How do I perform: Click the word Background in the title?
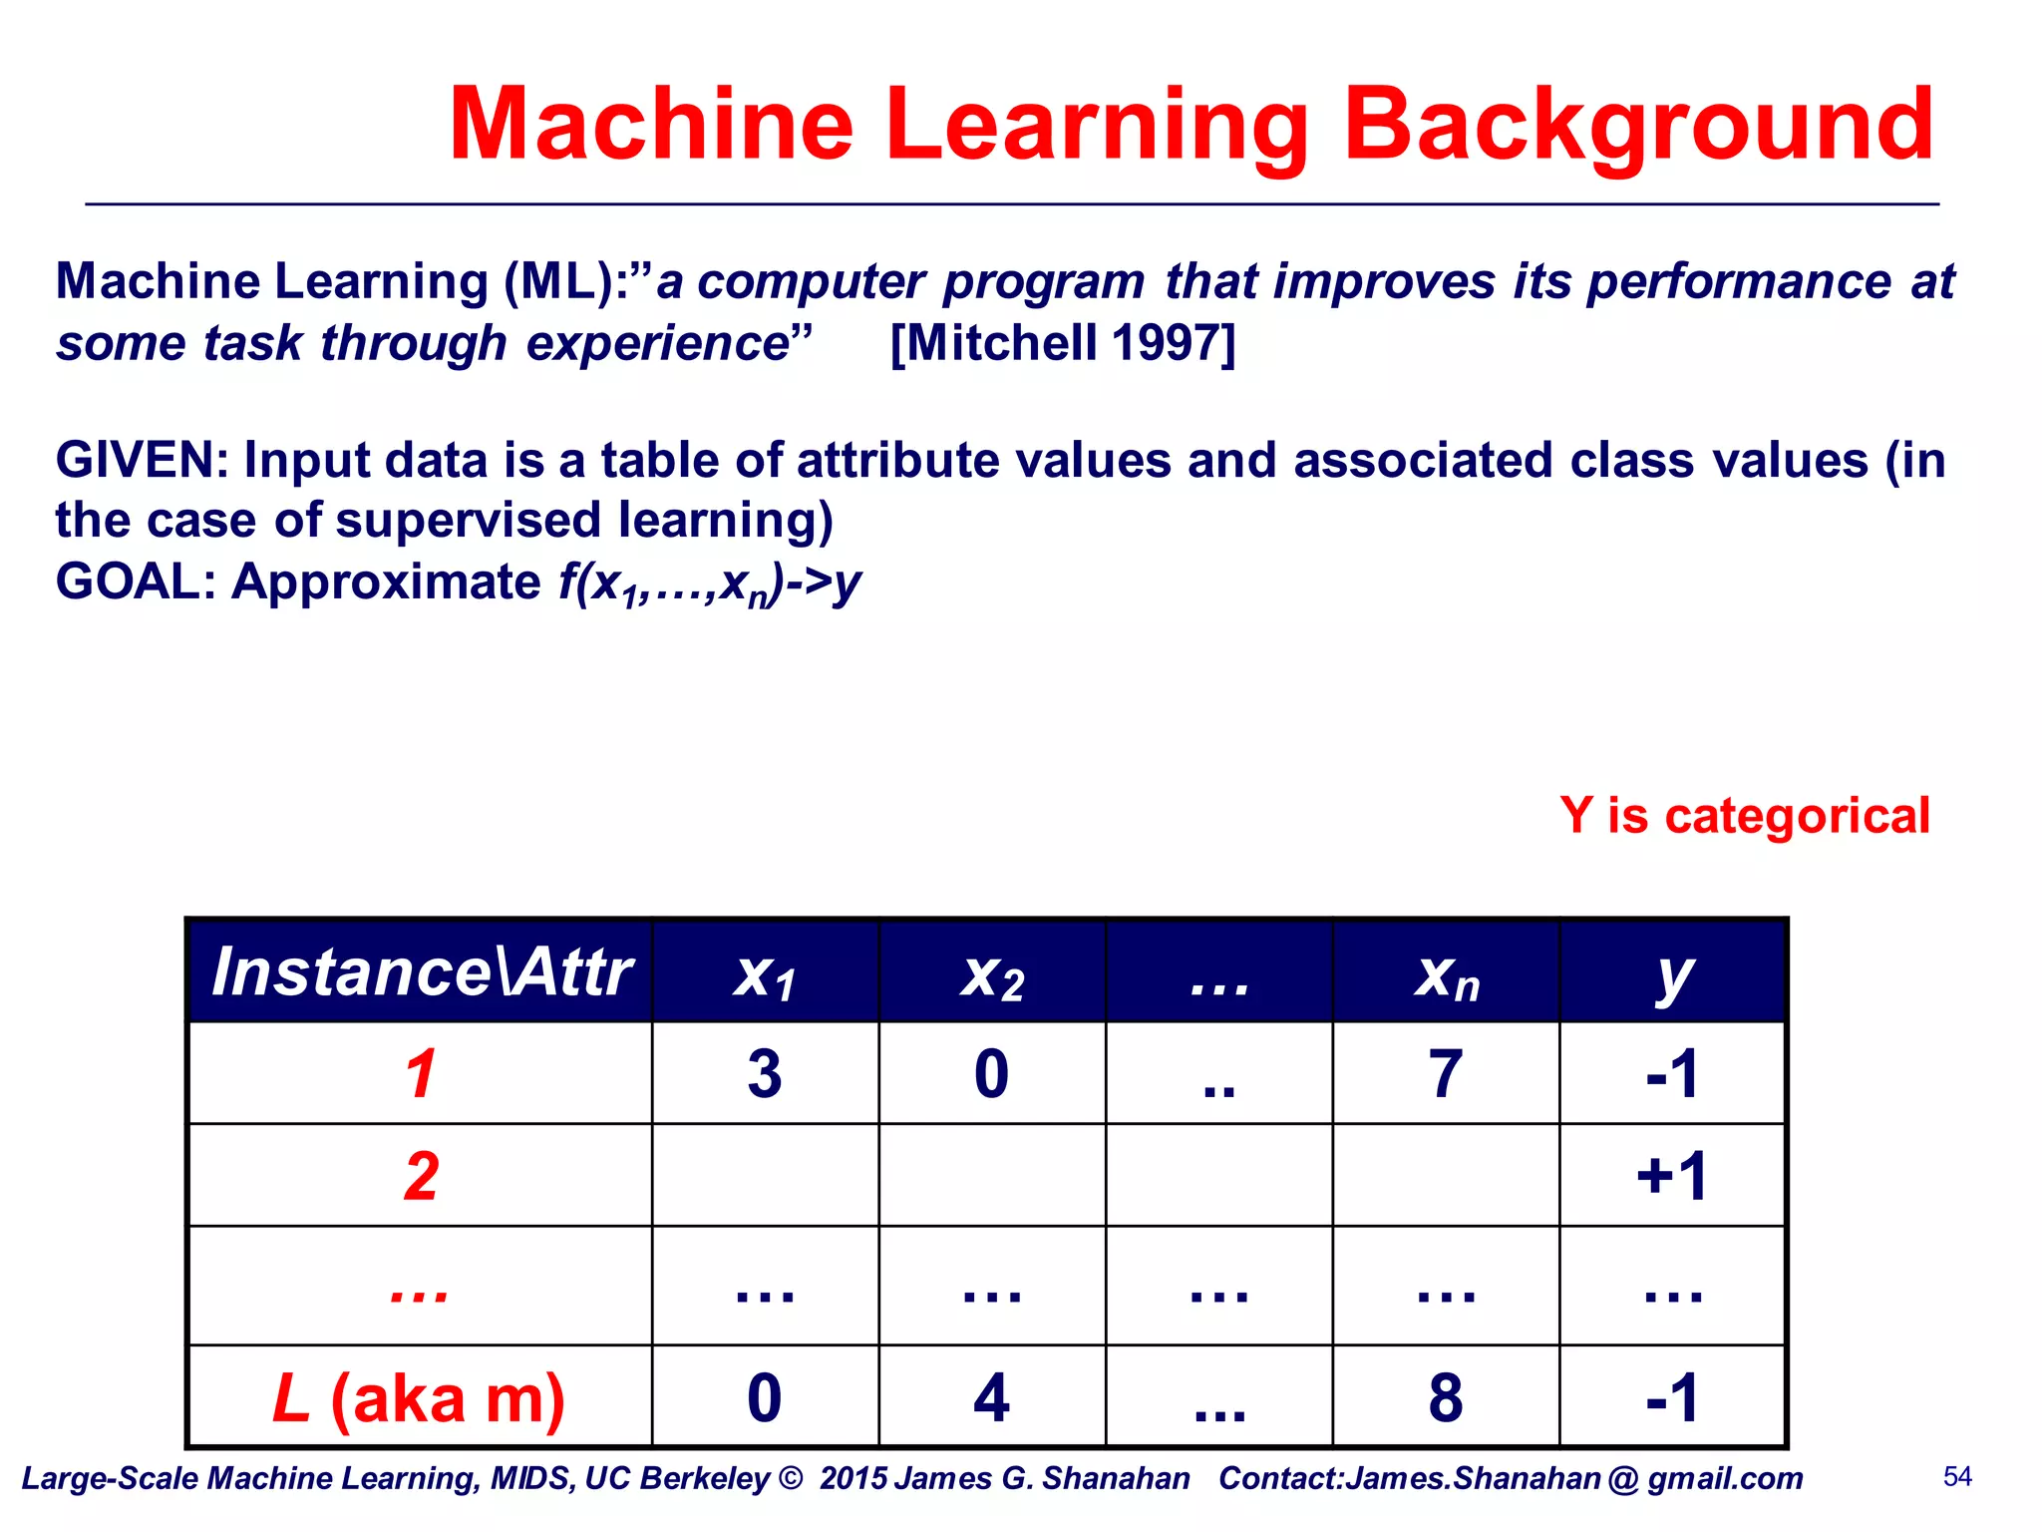click(x=1638, y=125)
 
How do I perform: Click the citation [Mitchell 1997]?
click(x=1062, y=343)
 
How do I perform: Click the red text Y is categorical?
click(x=1744, y=816)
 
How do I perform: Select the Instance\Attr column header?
click(x=421, y=972)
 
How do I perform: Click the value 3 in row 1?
click(x=765, y=1075)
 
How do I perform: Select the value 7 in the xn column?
click(x=1446, y=1075)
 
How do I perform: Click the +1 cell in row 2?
click(x=1672, y=1176)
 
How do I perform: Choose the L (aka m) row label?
click(x=419, y=1398)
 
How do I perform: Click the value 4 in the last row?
click(x=991, y=1398)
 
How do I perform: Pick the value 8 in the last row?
click(x=1446, y=1398)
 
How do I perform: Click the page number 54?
click(x=1957, y=1477)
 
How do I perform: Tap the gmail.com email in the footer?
click(x=1575, y=1479)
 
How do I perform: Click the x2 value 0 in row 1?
click(x=991, y=1075)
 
